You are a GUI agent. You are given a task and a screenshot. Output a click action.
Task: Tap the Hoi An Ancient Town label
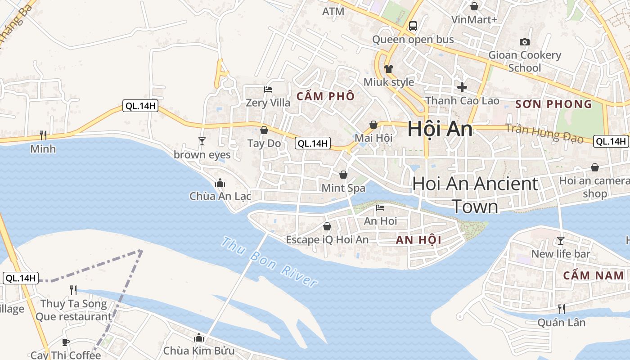(475, 195)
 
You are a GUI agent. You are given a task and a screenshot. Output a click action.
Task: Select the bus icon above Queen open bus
(413, 26)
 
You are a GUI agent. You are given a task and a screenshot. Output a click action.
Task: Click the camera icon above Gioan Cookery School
(524, 42)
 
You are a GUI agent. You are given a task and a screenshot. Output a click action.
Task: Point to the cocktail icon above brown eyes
(202, 141)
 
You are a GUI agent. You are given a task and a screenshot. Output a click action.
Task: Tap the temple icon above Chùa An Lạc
(220, 183)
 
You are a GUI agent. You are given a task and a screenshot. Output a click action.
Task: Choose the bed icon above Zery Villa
(268, 90)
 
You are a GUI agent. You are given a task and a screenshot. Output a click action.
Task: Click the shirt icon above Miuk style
(388, 69)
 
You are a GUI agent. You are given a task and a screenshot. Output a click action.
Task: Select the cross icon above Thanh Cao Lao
(462, 87)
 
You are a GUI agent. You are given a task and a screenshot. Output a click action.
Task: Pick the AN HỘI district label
(418, 240)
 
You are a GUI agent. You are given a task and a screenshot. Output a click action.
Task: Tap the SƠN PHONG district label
(553, 104)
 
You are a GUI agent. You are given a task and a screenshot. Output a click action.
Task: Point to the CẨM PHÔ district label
(325, 96)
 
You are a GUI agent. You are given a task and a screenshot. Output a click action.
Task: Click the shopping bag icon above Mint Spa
(343, 175)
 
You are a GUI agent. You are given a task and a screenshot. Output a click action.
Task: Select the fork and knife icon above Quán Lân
(562, 309)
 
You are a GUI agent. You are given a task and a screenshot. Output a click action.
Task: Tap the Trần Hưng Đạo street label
(544, 133)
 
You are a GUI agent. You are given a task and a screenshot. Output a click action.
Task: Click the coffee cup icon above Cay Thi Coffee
(66, 342)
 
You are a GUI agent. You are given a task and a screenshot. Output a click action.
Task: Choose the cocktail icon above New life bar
(560, 241)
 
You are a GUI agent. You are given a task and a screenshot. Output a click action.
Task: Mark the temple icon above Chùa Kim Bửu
(199, 337)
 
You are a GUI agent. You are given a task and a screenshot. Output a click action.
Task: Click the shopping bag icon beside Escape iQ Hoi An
(327, 226)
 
